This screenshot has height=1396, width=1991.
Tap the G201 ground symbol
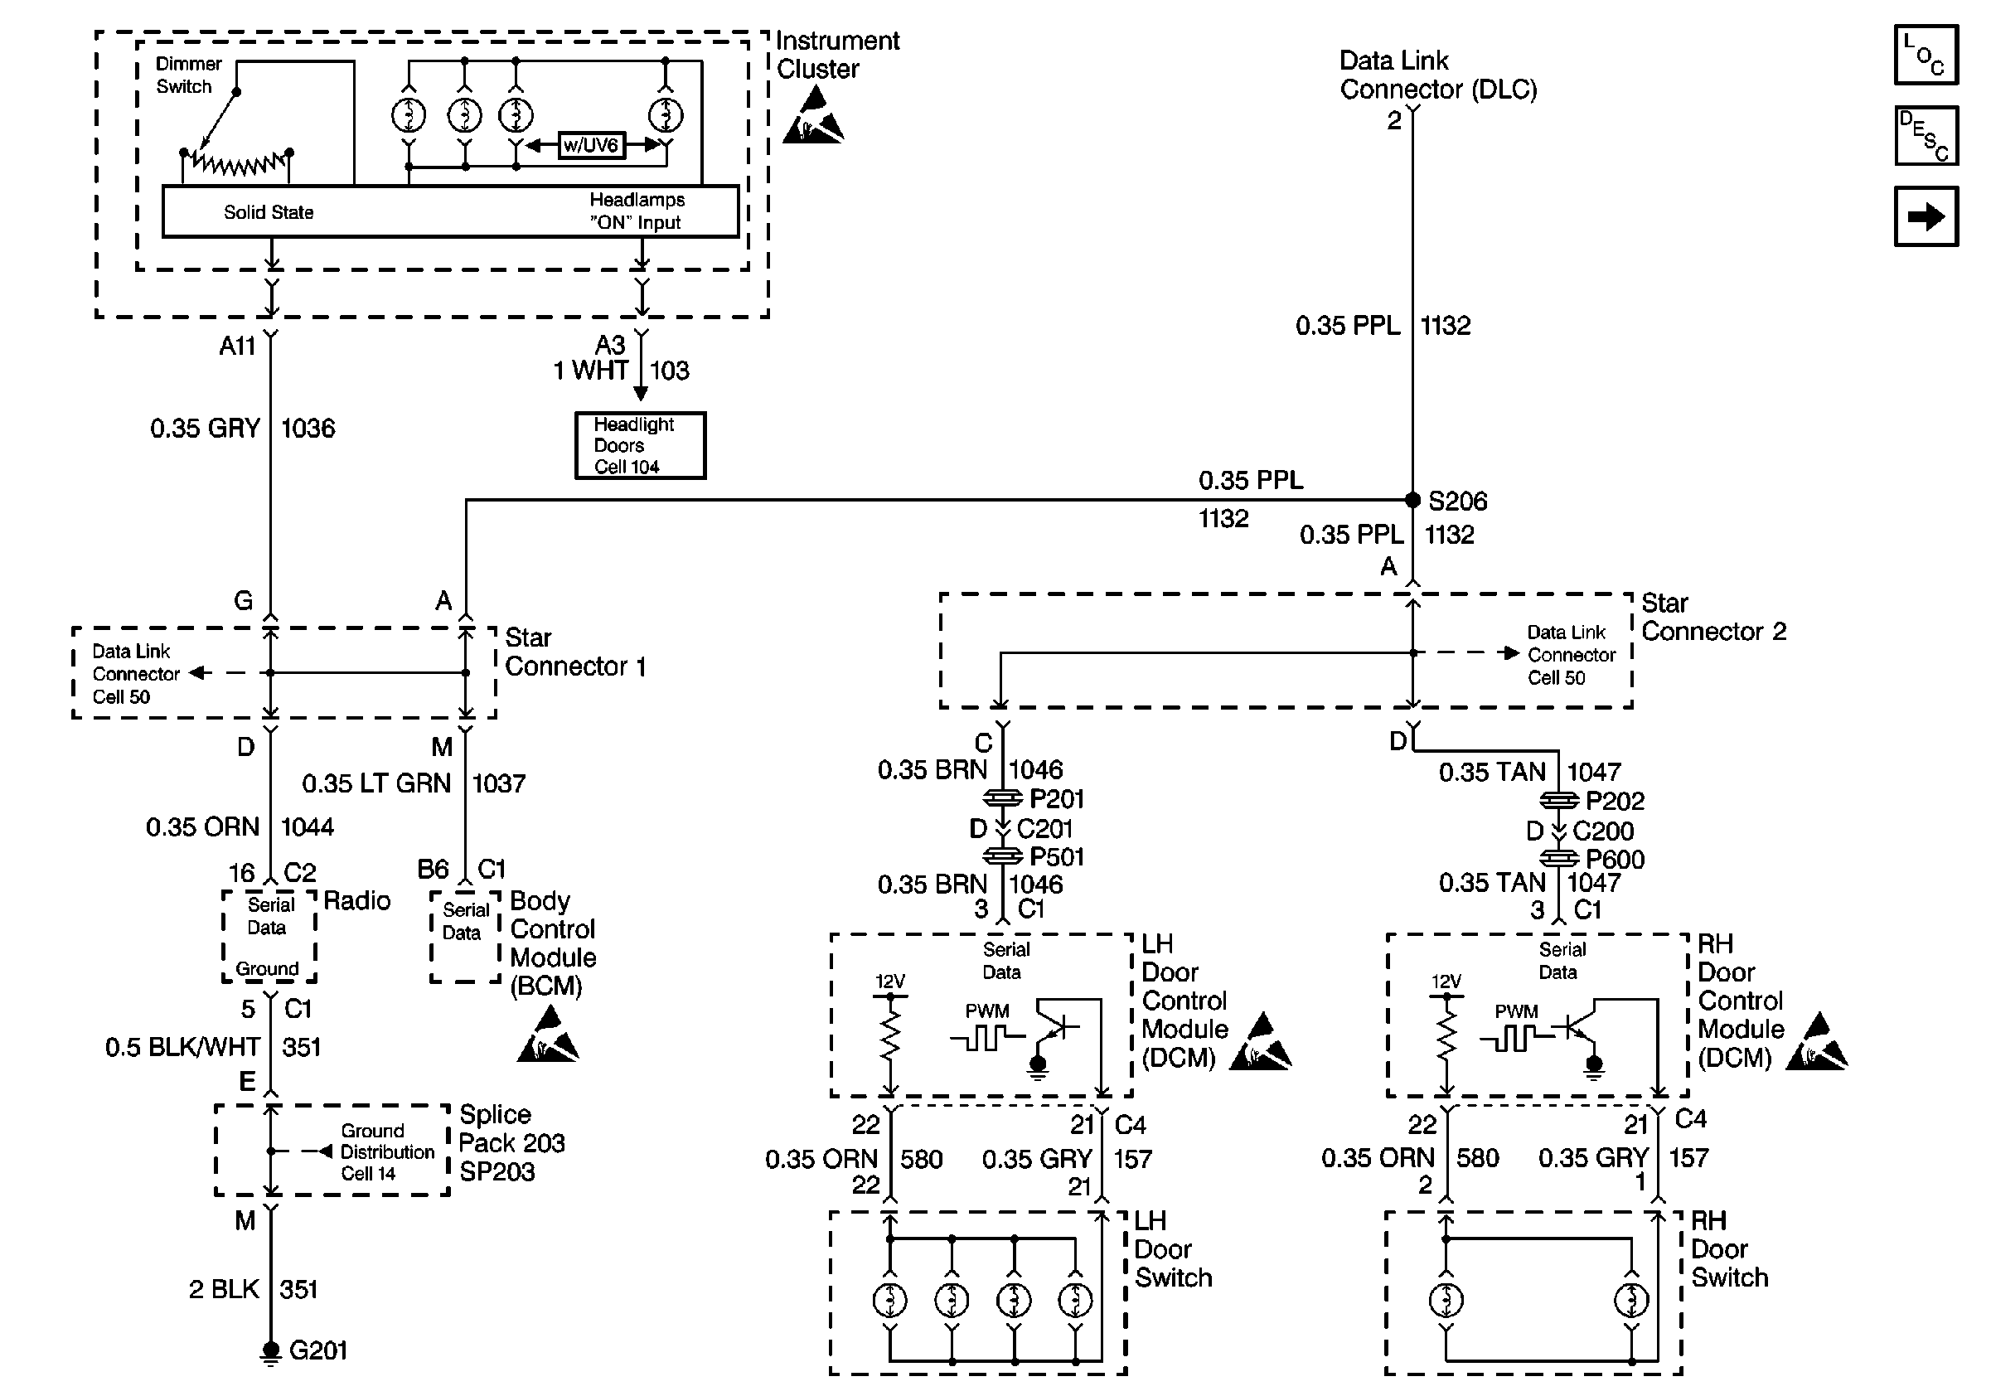(x=271, y=1351)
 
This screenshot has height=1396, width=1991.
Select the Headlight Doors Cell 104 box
(x=640, y=446)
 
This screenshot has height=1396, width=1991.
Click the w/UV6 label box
(x=590, y=145)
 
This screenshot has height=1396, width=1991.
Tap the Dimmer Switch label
(x=187, y=75)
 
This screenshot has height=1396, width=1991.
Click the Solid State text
(x=268, y=212)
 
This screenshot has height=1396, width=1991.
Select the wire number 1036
(x=308, y=429)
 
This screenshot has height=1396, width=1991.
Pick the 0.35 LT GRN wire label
(x=376, y=784)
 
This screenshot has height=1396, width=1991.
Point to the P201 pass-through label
(x=1056, y=798)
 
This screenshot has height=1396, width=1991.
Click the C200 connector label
(x=1602, y=831)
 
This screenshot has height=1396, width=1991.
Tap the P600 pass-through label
(x=1615, y=860)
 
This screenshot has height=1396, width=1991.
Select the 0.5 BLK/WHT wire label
(x=182, y=1048)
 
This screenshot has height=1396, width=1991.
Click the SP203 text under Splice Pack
(x=497, y=1172)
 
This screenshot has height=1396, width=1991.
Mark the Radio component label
(x=356, y=901)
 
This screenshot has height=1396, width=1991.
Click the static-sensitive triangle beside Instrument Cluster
(x=812, y=117)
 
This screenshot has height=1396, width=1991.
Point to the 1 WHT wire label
(x=590, y=371)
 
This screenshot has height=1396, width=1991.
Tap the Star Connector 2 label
(x=1713, y=618)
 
